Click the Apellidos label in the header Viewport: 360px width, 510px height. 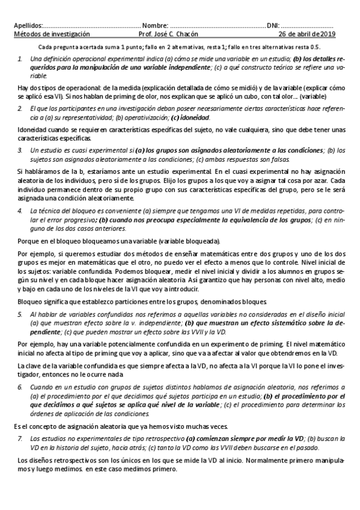28,26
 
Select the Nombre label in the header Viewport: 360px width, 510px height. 154,26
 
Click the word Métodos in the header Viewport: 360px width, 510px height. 26,34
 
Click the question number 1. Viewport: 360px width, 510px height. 20,58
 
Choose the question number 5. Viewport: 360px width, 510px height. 20,314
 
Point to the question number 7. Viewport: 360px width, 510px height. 20,439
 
